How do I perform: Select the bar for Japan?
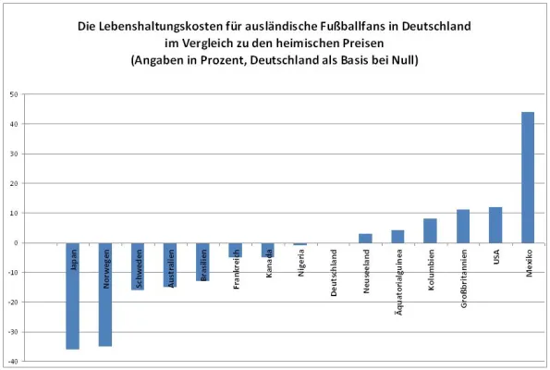tap(72, 296)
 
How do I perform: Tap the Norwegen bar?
tap(104, 294)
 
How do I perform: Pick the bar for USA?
tap(495, 225)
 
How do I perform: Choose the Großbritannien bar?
tap(463, 227)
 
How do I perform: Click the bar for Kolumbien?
tap(430, 231)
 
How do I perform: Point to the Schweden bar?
tap(138, 266)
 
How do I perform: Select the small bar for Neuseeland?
tap(365, 239)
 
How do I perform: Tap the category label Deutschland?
tap(333, 272)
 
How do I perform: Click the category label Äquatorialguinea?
tap(398, 281)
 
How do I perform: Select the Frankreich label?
tap(236, 268)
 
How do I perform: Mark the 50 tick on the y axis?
tap(15, 94)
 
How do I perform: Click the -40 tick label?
tap(13, 361)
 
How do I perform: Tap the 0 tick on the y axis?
tap(18, 242)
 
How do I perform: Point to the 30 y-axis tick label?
tap(15, 154)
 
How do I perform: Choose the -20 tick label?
tap(13, 302)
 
